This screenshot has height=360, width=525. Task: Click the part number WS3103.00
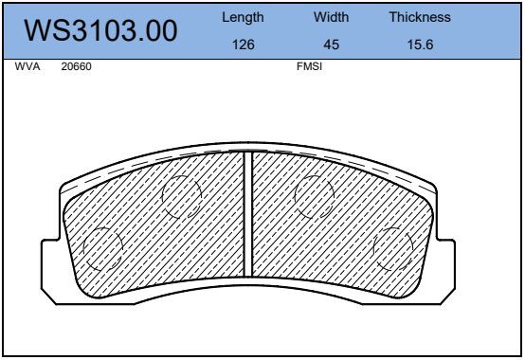[x=100, y=30]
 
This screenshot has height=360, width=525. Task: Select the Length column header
[x=243, y=17]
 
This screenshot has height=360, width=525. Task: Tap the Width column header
[x=331, y=17]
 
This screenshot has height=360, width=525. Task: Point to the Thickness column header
[x=420, y=17]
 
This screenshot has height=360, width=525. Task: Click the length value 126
[x=244, y=45]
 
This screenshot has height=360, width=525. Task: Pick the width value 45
[x=332, y=45]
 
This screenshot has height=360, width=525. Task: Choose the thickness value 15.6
[x=420, y=45]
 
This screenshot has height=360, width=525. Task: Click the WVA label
[x=27, y=66]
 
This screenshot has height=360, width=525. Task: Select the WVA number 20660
[x=77, y=66]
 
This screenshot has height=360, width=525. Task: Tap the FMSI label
[x=309, y=66]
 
